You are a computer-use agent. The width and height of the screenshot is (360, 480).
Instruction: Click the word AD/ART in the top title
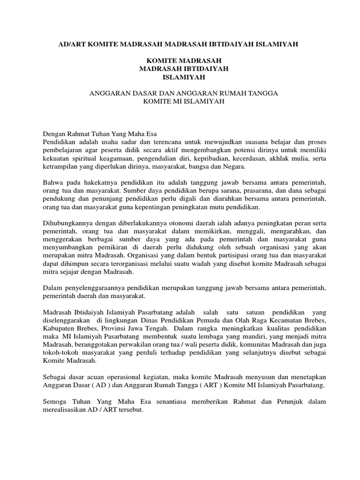pyautogui.click(x=71, y=44)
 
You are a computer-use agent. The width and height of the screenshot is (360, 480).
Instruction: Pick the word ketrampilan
pyautogui.click(x=61, y=167)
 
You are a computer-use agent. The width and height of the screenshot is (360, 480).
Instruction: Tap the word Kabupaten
pyautogui.click(x=58, y=329)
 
